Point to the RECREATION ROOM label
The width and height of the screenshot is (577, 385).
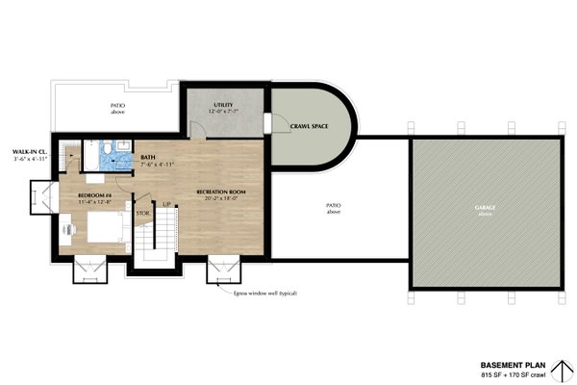(x=221, y=192)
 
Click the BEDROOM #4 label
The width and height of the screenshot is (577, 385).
(x=95, y=194)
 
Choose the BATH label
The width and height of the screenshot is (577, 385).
(x=148, y=157)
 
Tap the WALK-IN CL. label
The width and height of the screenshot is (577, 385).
(x=30, y=151)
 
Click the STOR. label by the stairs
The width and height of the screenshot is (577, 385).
(x=143, y=213)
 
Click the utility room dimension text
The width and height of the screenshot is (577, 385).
(x=223, y=112)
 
